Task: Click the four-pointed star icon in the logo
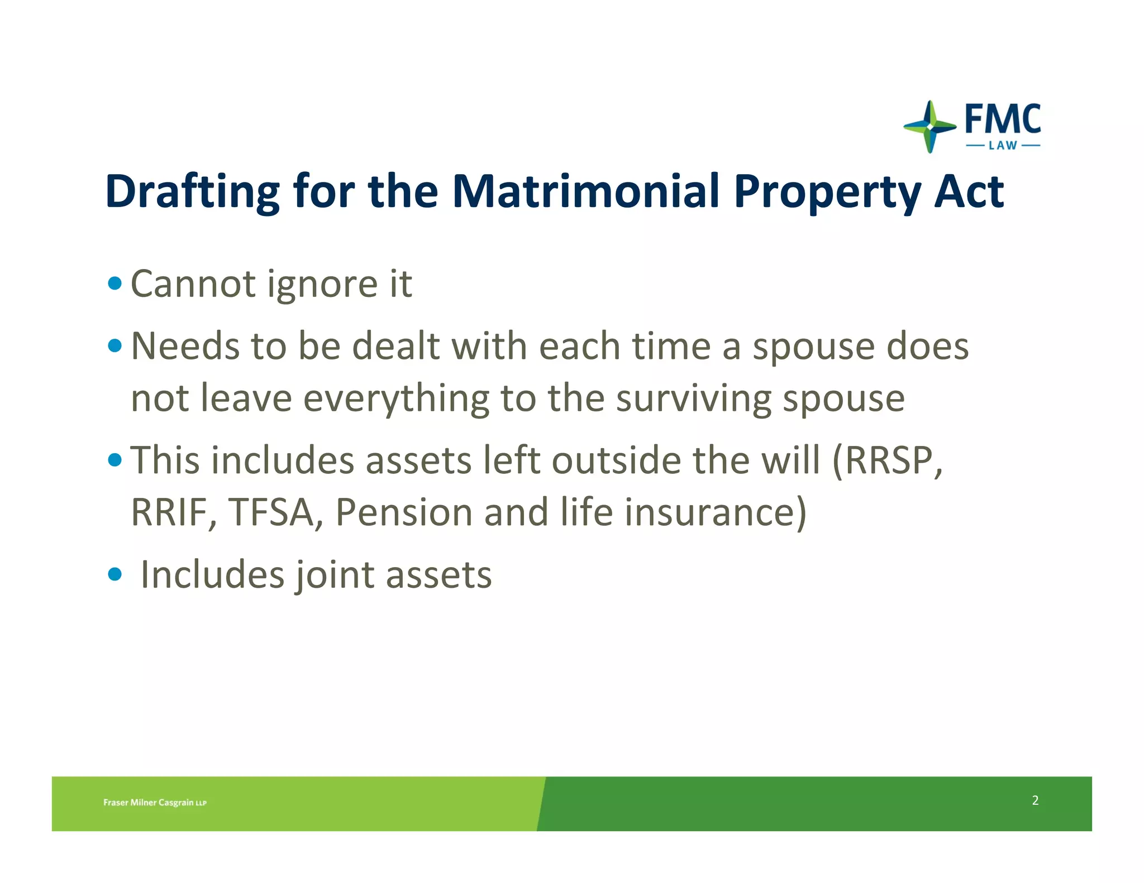point(929,127)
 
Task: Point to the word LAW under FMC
point(1003,146)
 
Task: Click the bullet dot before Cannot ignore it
point(115,284)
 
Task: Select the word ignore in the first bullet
point(322,285)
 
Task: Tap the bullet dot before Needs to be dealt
point(115,346)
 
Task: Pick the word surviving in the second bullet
point(693,399)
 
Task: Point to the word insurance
point(714,512)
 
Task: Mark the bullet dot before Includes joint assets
point(115,574)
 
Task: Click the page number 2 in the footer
point(1035,800)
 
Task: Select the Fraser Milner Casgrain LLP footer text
point(155,803)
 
